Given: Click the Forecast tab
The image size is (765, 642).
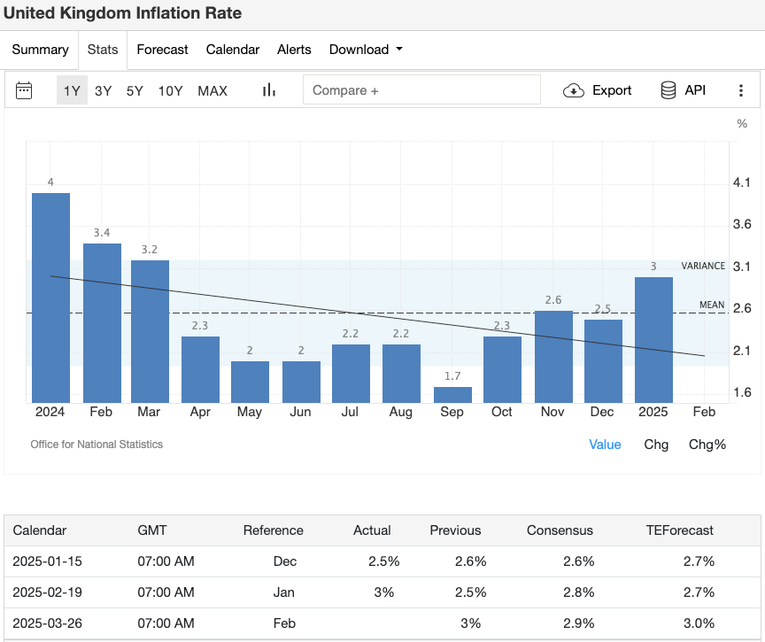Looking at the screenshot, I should point(162,50).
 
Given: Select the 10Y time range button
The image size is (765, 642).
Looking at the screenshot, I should point(170,90).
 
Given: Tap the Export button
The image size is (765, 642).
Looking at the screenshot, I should point(598,90).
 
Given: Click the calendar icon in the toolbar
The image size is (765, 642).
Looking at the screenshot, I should point(24,90).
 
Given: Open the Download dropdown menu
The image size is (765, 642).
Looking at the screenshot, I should point(365,50).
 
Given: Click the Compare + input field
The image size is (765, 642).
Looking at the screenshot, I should point(421,90).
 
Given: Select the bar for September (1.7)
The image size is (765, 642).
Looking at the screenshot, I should point(452,395).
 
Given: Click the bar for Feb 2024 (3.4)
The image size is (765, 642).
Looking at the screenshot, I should point(102,323).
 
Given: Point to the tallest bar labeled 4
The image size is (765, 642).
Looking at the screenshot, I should point(50,298).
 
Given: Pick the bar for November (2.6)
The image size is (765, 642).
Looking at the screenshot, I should point(553,357).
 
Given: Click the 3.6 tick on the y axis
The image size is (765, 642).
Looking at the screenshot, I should point(742,224).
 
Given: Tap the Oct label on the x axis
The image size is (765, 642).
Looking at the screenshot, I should point(502,412).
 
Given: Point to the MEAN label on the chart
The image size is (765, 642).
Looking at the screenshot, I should point(712,305).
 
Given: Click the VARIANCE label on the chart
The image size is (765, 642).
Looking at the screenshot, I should point(703,266).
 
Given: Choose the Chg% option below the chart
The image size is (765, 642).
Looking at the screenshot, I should point(707,445).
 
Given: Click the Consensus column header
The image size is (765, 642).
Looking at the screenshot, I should point(560,530).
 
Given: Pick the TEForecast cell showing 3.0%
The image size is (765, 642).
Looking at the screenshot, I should point(699,623).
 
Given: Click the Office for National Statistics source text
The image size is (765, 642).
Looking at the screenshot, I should point(97,445).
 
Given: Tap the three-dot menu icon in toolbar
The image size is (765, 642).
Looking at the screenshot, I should point(741,90).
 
